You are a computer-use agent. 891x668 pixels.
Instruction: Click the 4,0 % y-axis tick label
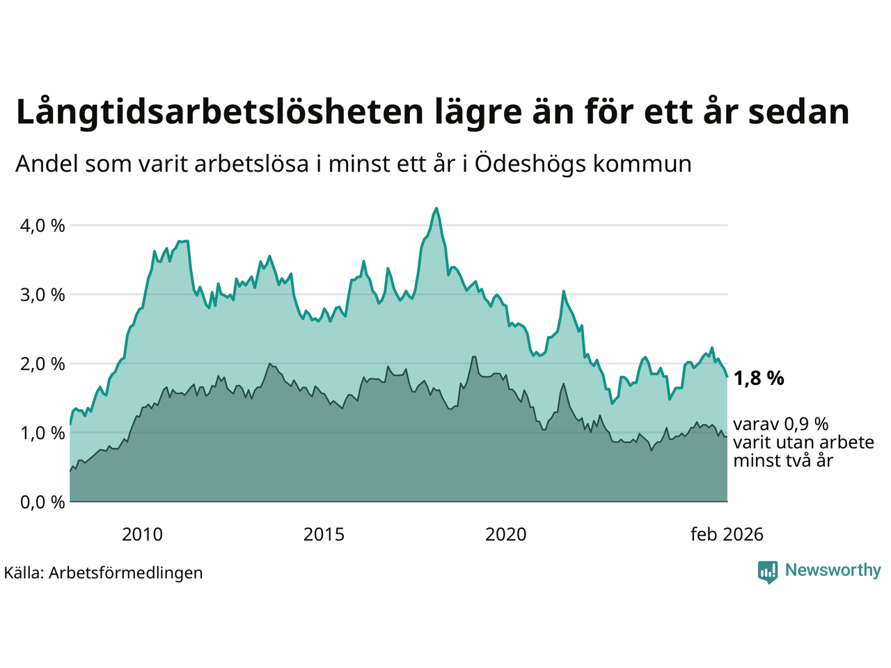pyautogui.click(x=42, y=225)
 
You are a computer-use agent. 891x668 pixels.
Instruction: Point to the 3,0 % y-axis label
pyautogui.click(x=42, y=294)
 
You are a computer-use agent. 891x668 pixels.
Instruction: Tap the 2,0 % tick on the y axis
pyautogui.click(x=42, y=363)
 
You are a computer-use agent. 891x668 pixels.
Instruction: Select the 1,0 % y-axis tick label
pyautogui.click(x=42, y=433)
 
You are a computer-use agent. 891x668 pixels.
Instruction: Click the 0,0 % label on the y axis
pyautogui.click(x=42, y=502)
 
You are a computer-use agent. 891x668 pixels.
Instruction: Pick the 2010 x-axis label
pyautogui.click(x=142, y=534)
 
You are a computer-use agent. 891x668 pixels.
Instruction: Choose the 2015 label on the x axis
pyautogui.click(x=324, y=534)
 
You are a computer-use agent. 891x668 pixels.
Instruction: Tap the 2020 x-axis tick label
pyautogui.click(x=505, y=534)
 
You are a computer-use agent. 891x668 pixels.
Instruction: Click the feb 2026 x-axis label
pyautogui.click(x=727, y=534)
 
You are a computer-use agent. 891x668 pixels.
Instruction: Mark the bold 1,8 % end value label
pyautogui.click(x=759, y=378)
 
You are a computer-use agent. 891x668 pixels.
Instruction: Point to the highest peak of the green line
pyautogui.click(x=436, y=208)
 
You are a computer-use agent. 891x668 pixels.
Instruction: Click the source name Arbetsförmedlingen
pyautogui.click(x=126, y=573)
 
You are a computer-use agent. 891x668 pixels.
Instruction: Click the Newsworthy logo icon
pyautogui.click(x=767, y=571)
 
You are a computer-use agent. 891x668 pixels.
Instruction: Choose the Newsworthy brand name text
pyautogui.click(x=833, y=570)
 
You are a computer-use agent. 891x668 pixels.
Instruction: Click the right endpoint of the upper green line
pyautogui.click(x=727, y=376)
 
